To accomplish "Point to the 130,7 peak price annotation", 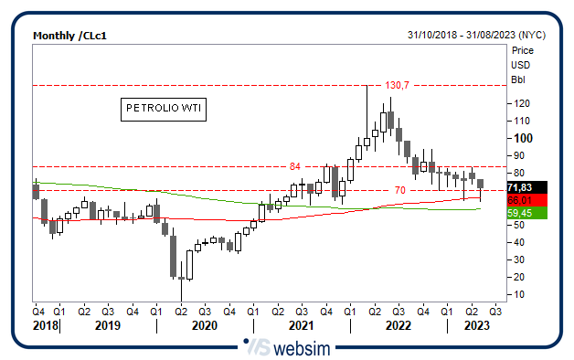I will pyautogui.click(x=398, y=84).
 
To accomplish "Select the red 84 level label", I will pyautogui.click(x=294, y=166).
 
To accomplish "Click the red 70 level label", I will pyautogui.click(x=399, y=189).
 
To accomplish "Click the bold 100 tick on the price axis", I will pyautogui.click(x=523, y=138).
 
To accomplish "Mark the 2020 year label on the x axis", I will pyautogui.click(x=204, y=324).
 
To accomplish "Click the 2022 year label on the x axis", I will pyautogui.click(x=398, y=324).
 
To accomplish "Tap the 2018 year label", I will pyautogui.click(x=45, y=324).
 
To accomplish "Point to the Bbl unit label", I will pyautogui.click(x=518, y=79).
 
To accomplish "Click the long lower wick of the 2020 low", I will pyautogui.click(x=181, y=291).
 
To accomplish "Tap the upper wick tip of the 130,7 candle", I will pyautogui.click(x=367, y=86).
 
